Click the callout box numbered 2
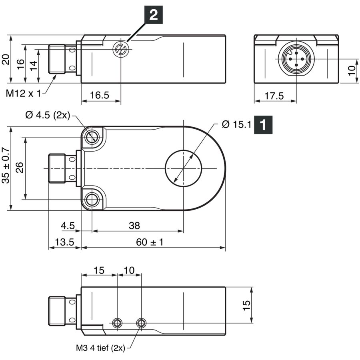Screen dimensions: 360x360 [x=153, y=15]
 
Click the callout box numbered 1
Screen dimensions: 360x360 [x=263, y=125]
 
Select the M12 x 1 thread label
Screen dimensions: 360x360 [x=23, y=94]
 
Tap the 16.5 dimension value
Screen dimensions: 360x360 [x=100, y=95]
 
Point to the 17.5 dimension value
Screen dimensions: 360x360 [x=274, y=96]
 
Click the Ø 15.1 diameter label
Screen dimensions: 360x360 [x=237, y=124]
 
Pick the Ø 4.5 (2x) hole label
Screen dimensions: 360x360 [x=48, y=115]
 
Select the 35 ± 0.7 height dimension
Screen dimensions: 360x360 [x=6, y=166]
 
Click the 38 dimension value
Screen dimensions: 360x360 [x=134, y=226]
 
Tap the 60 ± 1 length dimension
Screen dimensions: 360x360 [x=150, y=242]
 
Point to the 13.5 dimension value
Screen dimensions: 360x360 [x=64, y=242]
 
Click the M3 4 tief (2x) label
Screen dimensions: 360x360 [x=100, y=348]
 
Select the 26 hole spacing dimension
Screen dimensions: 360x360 [x=20, y=167]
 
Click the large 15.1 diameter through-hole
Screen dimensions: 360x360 [x=184, y=168]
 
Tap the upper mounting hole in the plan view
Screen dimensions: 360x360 [x=92, y=138]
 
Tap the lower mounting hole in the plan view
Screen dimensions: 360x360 [x=92, y=200]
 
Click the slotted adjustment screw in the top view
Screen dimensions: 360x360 [x=120, y=49]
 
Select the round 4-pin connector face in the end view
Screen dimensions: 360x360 [x=296, y=59]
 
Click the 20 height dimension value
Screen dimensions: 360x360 [x=6, y=59]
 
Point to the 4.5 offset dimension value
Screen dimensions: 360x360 [x=68, y=226]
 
